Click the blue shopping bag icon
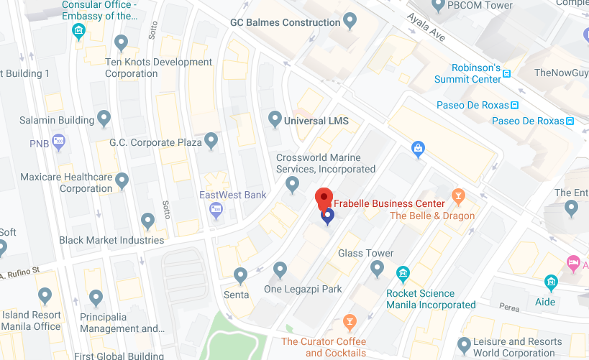(x=417, y=149)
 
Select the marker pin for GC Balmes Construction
(x=350, y=20)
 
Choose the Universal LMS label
(x=316, y=121)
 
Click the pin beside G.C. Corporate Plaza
(x=211, y=139)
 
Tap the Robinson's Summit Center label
(x=467, y=73)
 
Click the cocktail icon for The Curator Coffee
(x=350, y=321)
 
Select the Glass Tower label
(x=366, y=253)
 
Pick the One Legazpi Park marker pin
(x=280, y=269)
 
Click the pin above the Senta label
(x=241, y=274)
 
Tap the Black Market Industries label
(x=111, y=240)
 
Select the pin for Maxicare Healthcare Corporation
(x=122, y=179)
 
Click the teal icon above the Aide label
(x=551, y=282)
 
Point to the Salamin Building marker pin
(x=104, y=117)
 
